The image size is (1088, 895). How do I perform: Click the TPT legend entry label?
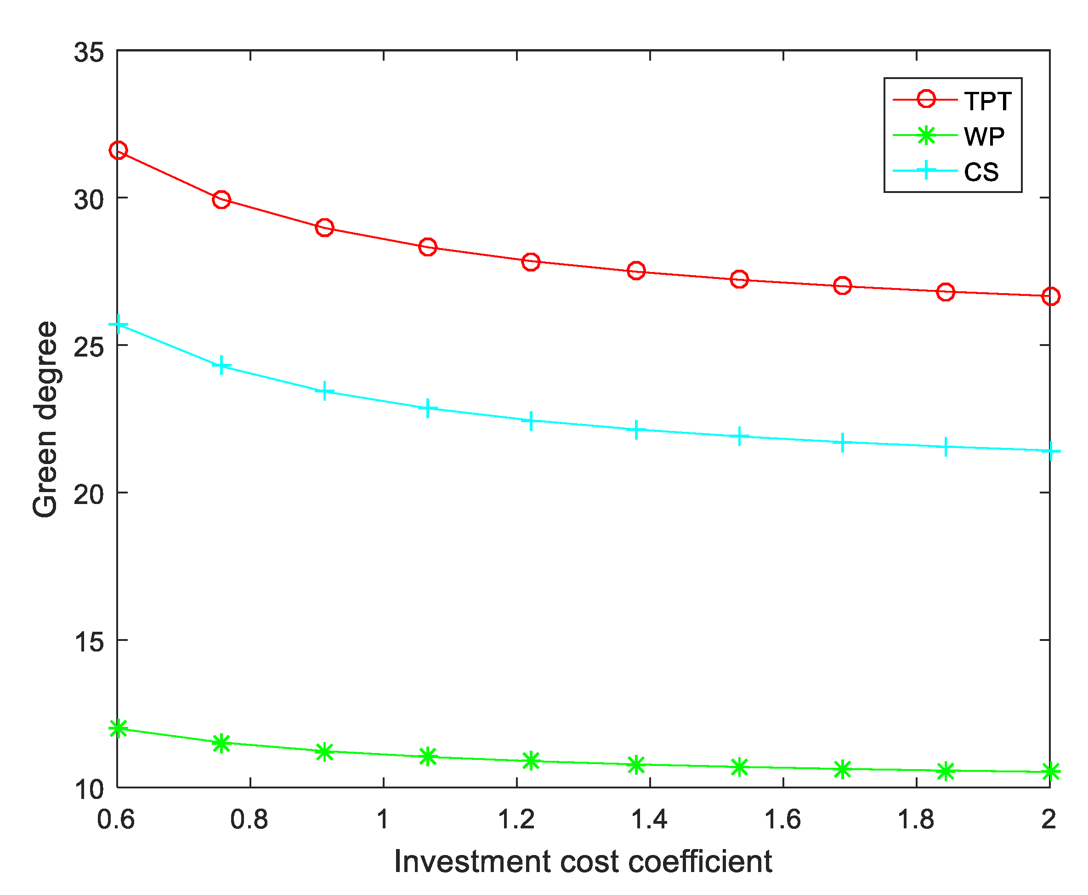pyautogui.click(x=987, y=102)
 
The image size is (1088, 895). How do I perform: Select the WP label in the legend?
pyautogui.click(x=984, y=137)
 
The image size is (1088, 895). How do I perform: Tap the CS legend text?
pyautogui.click(x=981, y=172)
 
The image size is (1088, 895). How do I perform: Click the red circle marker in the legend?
pyautogui.click(x=926, y=99)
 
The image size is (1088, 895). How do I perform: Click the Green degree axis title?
pyautogui.click(x=45, y=419)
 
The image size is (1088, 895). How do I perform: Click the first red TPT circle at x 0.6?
pyautogui.click(x=118, y=151)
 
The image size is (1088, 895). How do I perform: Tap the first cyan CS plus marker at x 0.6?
pyautogui.click(x=118, y=325)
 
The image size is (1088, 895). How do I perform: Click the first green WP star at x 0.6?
pyautogui.click(x=118, y=729)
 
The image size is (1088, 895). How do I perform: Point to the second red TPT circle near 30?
pyautogui.click(x=221, y=199)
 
